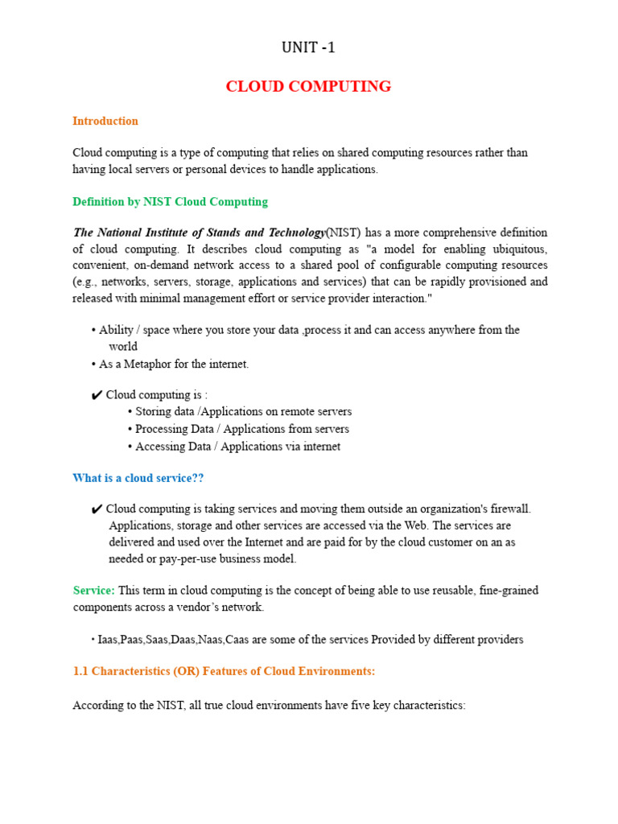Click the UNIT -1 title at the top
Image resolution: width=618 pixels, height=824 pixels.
308,47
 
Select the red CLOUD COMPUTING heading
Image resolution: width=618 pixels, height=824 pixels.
308,86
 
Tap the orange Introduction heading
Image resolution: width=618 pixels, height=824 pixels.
105,121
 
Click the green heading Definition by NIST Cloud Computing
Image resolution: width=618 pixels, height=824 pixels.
170,201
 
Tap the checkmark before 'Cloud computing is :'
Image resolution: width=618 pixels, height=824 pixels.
97,395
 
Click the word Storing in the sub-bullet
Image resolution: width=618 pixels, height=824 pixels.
154,412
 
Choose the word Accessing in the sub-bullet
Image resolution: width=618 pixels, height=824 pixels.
160,446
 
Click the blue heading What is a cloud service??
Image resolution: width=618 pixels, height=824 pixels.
138,478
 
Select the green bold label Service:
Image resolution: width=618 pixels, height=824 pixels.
94,590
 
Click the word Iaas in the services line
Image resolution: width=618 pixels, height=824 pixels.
108,640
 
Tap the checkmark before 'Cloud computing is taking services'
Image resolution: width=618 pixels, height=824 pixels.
97,509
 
